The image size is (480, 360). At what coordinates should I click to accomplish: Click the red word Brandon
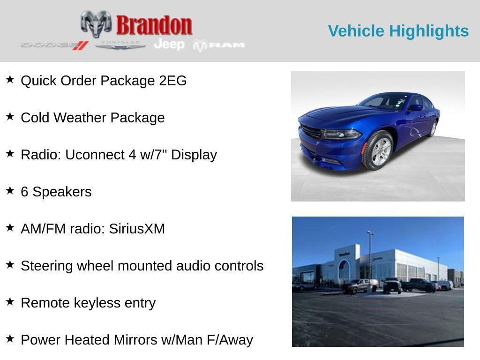[x=154, y=25]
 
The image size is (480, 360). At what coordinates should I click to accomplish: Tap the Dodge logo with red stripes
[x=55, y=45]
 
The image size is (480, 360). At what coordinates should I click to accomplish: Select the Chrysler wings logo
[x=120, y=45]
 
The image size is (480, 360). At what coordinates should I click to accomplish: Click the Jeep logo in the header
[x=169, y=45]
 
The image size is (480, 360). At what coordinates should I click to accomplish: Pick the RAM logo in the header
[x=219, y=45]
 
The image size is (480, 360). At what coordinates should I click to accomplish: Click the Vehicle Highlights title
[x=398, y=31]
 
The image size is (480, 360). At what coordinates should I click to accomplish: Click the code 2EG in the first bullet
[x=172, y=81]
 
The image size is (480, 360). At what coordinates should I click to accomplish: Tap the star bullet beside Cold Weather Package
[x=10, y=116]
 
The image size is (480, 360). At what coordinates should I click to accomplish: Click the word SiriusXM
[x=137, y=229]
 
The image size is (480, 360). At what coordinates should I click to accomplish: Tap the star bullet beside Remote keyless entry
[x=10, y=301]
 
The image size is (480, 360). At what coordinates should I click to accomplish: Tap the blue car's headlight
[x=341, y=134]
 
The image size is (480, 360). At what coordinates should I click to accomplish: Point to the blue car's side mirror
[x=415, y=107]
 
